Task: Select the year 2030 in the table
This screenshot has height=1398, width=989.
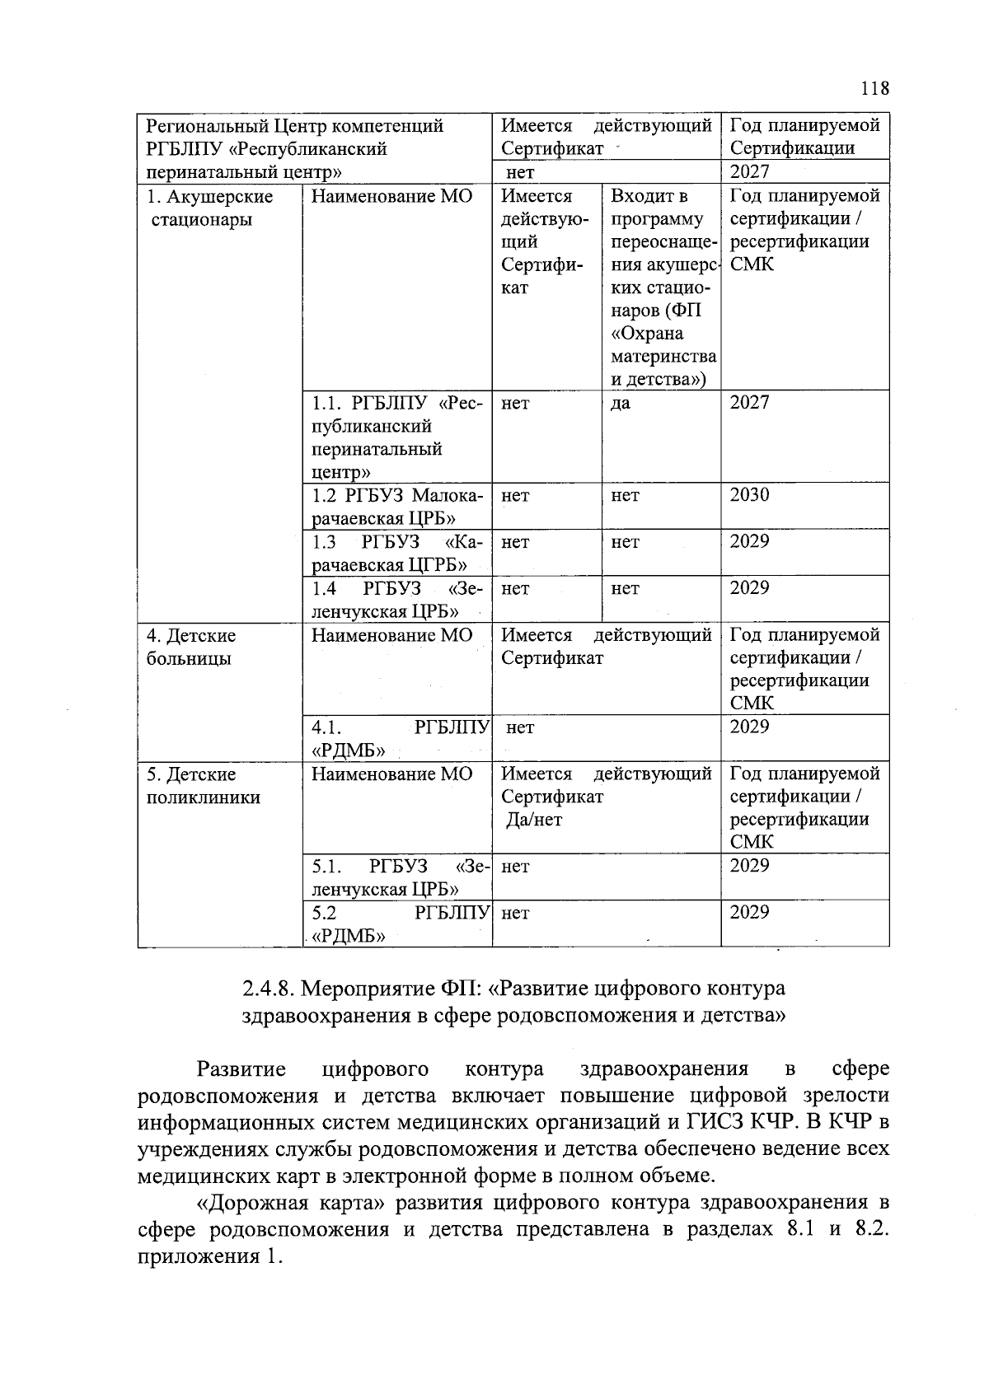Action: (749, 495)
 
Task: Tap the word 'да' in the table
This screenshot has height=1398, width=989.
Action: (620, 404)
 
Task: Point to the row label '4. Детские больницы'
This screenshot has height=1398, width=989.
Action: (190, 648)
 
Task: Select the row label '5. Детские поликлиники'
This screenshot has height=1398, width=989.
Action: (203, 786)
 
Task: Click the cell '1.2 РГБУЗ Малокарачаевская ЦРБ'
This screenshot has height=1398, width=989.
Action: (396, 507)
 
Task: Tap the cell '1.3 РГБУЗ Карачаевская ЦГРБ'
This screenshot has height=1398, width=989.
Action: (396, 553)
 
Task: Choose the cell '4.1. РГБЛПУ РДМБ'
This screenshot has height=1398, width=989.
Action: (396, 738)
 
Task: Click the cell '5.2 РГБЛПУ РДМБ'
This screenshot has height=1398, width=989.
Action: (396, 923)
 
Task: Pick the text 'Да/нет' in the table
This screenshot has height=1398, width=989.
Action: (534, 821)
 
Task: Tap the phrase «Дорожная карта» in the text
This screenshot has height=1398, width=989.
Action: (292, 1203)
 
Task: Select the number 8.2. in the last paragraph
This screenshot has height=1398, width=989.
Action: (873, 1230)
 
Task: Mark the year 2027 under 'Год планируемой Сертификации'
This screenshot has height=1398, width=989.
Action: (749, 172)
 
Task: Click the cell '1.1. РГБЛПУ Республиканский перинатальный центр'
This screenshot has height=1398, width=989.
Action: (396, 437)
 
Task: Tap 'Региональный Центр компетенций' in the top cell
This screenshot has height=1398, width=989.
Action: (294, 126)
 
